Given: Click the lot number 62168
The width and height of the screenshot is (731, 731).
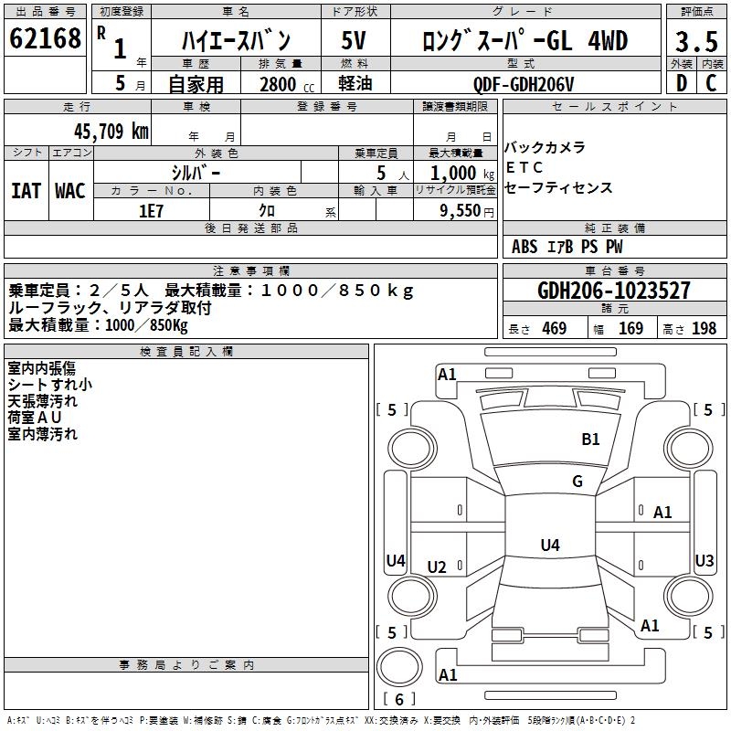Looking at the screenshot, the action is click(x=45, y=39).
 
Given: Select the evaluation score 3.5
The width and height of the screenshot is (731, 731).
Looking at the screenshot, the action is click(x=695, y=42).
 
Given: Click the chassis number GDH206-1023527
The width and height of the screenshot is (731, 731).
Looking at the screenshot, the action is click(x=614, y=291).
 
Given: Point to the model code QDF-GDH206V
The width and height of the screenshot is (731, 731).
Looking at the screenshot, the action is click(x=524, y=83).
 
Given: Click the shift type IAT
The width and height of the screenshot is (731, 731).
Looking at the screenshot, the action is click(x=26, y=190).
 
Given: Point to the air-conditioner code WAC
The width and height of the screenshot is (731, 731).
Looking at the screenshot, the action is click(x=70, y=190).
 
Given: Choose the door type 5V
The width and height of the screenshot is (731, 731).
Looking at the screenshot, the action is click(x=355, y=41).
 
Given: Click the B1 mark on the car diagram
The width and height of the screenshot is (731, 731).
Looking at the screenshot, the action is click(x=591, y=440).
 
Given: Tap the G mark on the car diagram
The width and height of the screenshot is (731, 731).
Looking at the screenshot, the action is click(x=577, y=482).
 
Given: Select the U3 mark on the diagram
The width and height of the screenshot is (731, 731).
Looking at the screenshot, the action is click(x=705, y=561).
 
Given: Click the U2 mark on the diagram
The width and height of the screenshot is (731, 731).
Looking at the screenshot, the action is click(x=437, y=567).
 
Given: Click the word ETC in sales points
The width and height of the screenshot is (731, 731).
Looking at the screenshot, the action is click(x=524, y=168).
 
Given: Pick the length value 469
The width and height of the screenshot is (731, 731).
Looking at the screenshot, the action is click(x=554, y=329).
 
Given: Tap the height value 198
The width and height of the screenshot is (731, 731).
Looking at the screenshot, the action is click(x=704, y=329).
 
